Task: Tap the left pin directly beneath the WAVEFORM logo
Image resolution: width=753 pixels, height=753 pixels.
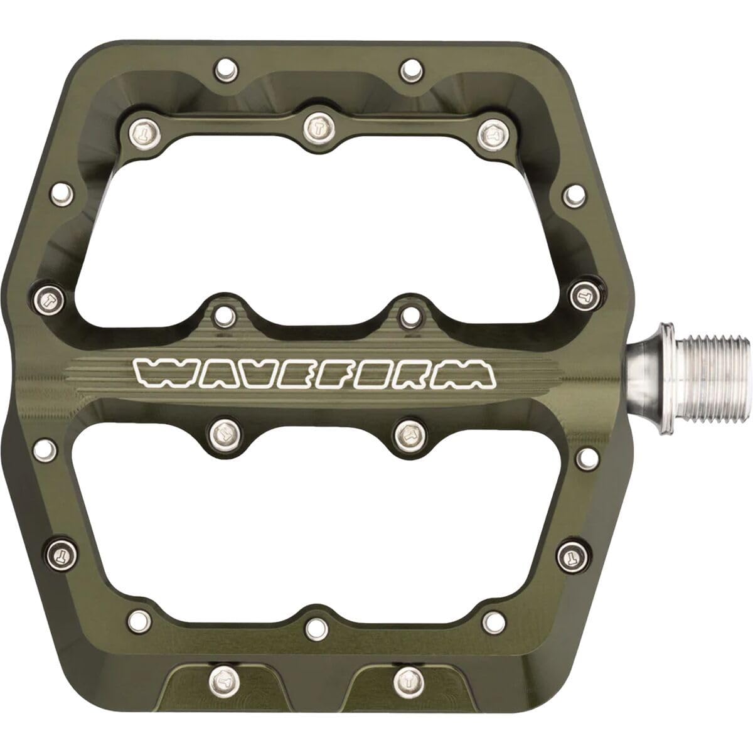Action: point(223,431)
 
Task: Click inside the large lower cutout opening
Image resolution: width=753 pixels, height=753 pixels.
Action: point(314,521)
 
